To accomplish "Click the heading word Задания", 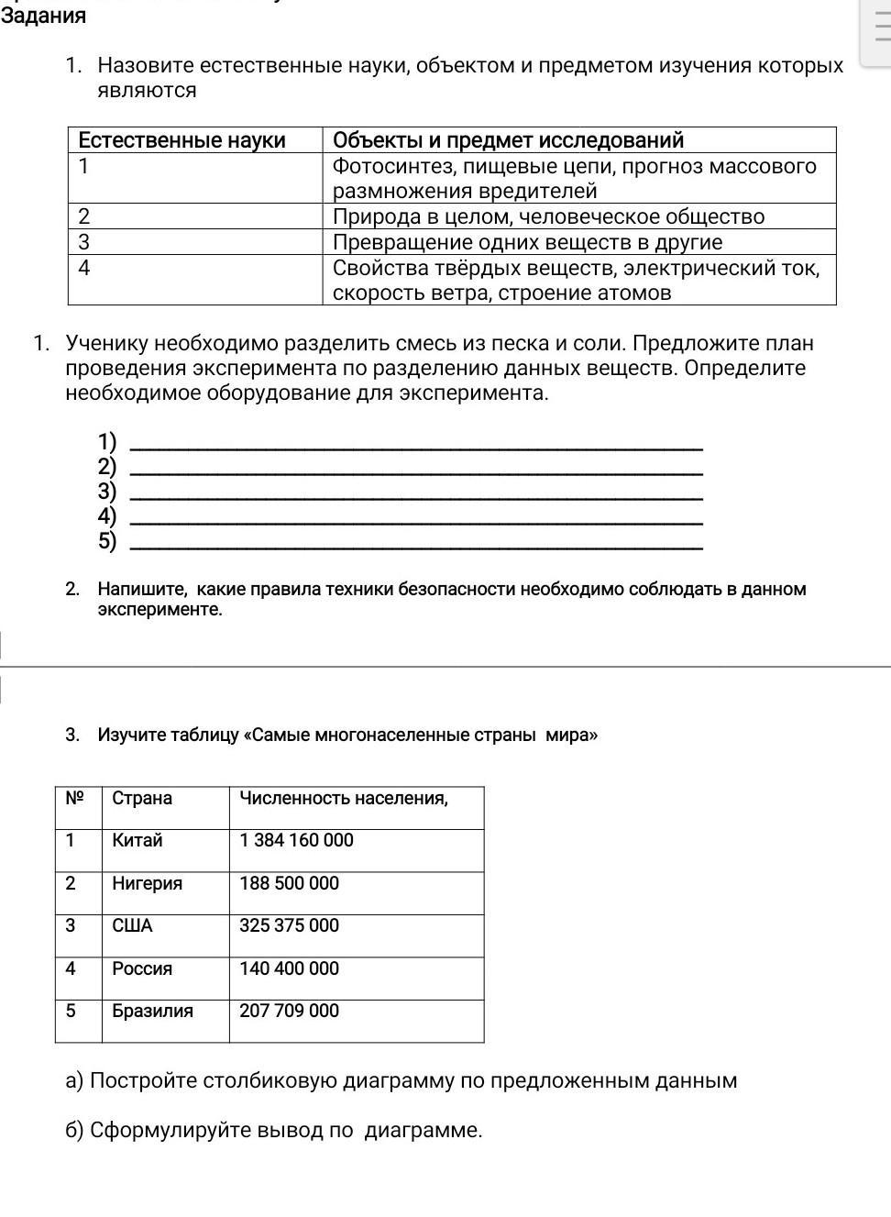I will (x=43, y=16).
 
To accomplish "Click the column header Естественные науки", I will (x=181, y=140).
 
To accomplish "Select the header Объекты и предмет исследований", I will (x=508, y=140).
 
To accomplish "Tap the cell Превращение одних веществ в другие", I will (x=527, y=242).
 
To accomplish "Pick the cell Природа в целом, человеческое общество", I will (x=548, y=216).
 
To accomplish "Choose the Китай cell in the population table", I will (x=137, y=840).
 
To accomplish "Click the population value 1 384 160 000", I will (x=296, y=840).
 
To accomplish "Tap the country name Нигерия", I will (x=147, y=883).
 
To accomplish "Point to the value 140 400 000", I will (x=289, y=968).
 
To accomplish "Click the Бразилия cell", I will (x=152, y=1011).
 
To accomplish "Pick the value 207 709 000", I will (x=289, y=1011).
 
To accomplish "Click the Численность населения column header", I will (x=344, y=798).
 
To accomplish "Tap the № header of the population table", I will (x=74, y=798).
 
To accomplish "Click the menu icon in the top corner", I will (x=881, y=28).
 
